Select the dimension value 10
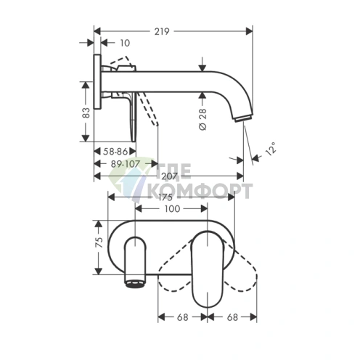point(124,44)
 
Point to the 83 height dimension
point(86,112)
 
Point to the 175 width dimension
point(170,197)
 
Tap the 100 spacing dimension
point(171,209)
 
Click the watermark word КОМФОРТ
point(200,192)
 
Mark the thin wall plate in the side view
point(96,98)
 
